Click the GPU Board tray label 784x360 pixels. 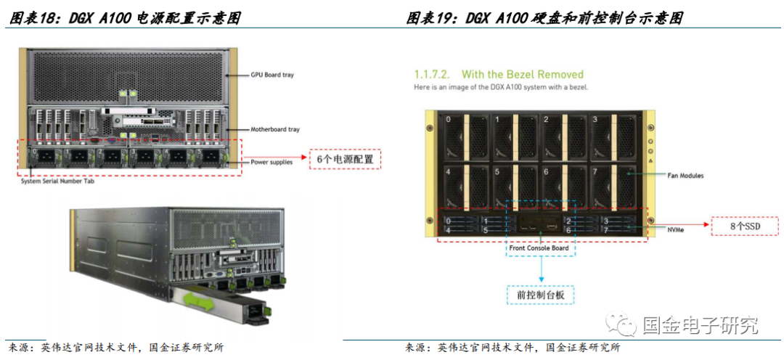tap(272, 75)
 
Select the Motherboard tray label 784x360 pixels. tap(275, 129)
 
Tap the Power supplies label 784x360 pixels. tap(271, 162)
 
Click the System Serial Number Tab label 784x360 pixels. tap(57, 181)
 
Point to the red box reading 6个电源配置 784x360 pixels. tap(345, 160)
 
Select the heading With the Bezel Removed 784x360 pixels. tap(523, 75)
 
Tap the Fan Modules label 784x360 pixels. tap(685, 176)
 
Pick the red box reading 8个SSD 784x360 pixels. tap(746, 226)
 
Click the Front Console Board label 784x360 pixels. tap(539, 248)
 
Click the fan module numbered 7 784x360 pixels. tap(616, 185)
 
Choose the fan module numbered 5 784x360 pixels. tap(515, 185)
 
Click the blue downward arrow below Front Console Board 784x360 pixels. tap(541, 271)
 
